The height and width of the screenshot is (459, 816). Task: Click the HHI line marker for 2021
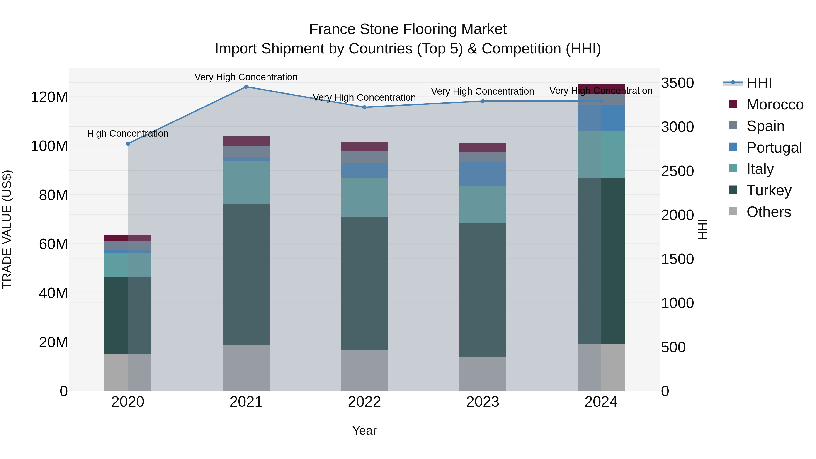click(246, 87)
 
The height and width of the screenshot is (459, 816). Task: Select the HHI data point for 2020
click(128, 144)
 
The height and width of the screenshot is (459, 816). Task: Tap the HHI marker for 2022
click(364, 107)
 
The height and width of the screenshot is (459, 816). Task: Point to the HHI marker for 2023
click(483, 101)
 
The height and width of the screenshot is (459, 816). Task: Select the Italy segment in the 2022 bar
click(364, 197)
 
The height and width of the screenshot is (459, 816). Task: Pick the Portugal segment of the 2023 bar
click(483, 174)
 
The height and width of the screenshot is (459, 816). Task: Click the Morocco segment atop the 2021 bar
click(246, 141)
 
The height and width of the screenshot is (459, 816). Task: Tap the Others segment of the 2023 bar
click(483, 374)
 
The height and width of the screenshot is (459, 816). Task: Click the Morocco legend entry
click(775, 104)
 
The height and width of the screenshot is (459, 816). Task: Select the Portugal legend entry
click(774, 148)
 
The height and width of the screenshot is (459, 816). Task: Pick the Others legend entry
click(768, 212)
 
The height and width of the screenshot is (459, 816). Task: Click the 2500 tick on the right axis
click(678, 171)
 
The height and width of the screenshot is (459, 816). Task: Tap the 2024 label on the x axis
click(601, 402)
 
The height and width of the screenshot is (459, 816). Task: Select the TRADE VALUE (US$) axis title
click(7, 229)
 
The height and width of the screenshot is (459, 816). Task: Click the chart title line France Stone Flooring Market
click(408, 29)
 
